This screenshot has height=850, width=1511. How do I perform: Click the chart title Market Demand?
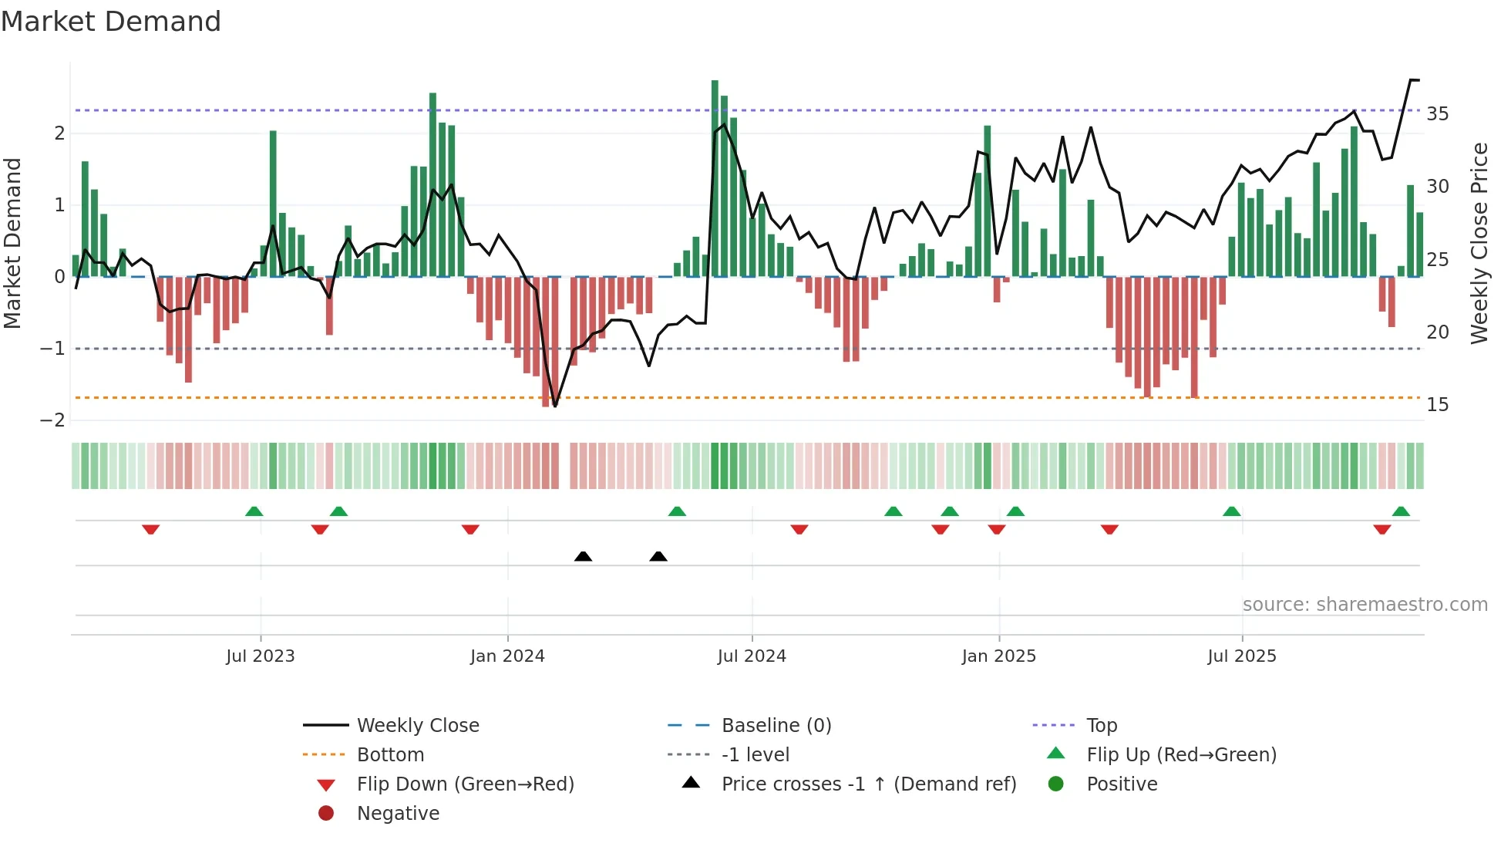[x=111, y=22]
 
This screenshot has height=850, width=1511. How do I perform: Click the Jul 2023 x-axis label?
[x=260, y=656]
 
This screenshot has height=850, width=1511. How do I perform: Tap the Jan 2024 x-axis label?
[x=507, y=656]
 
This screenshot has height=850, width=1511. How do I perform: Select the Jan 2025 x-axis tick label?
[x=998, y=656]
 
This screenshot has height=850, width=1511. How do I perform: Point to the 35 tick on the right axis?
[x=1437, y=114]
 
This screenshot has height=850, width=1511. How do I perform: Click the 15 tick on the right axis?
[x=1437, y=405]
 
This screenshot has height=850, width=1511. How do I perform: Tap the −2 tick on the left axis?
[x=52, y=420]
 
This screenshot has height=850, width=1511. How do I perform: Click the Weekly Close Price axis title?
[x=1479, y=243]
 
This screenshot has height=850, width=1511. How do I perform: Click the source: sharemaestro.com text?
[x=1365, y=605]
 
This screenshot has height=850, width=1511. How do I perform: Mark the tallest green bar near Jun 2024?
[x=715, y=177]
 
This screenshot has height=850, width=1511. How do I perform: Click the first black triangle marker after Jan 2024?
[x=583, y=556]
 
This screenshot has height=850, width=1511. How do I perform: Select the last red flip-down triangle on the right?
[x=1381, y=529]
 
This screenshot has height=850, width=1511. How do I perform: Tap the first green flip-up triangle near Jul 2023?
[x=254, y=511]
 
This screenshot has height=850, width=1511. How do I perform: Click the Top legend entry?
[x=1101, y=726]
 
